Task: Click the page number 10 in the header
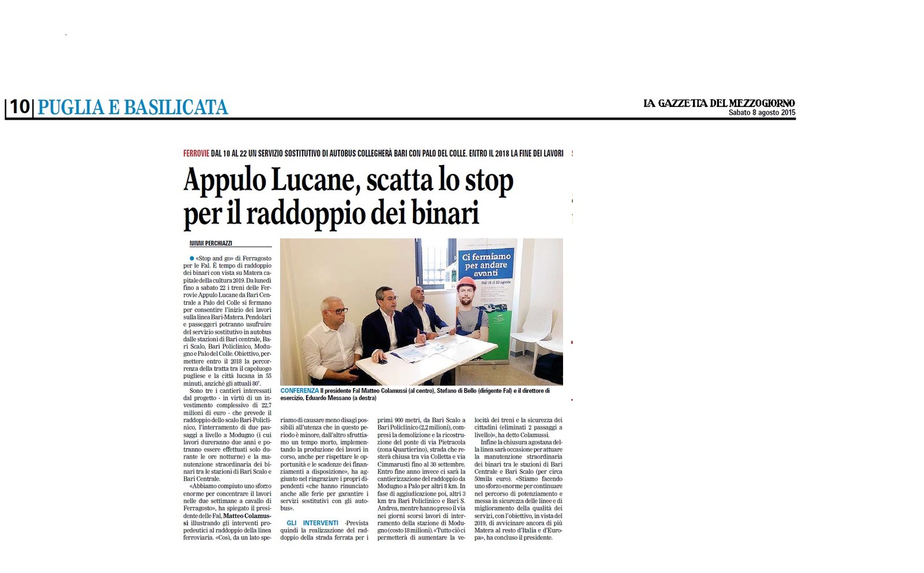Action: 19,107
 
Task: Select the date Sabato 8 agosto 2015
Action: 761,113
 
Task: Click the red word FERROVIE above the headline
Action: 196,154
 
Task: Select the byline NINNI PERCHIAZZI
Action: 211,244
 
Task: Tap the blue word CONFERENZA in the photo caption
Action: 299,391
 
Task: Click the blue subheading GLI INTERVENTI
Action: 312,523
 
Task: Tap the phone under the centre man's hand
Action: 382,361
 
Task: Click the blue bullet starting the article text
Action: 192,258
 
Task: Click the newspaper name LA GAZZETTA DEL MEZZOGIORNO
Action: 719,103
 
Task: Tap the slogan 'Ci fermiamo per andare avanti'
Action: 486,265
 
